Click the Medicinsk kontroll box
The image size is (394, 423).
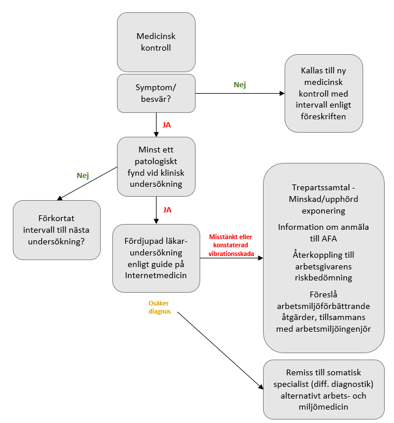156,42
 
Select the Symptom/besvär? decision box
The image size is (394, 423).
156,93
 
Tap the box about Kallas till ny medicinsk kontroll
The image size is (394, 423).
324,93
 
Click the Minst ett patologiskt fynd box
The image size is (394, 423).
156,166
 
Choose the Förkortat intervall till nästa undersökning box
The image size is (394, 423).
56,230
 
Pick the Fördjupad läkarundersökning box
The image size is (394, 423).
156,258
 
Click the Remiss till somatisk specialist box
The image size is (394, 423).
324,389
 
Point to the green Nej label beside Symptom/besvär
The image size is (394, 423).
240,85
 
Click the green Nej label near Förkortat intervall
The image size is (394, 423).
83,176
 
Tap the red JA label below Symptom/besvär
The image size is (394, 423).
166,125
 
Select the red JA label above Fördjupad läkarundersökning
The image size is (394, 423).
167,210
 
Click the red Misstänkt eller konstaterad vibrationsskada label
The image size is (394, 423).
231,245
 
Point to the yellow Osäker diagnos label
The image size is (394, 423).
159,307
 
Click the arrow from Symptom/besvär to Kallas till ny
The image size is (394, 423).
240,93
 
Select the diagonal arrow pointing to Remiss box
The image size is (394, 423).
221,351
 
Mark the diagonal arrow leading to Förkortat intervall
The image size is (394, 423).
87,183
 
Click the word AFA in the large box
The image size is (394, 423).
329,239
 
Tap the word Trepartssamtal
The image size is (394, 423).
321,187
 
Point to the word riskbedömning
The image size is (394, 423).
324,278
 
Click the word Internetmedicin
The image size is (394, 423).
156,275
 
